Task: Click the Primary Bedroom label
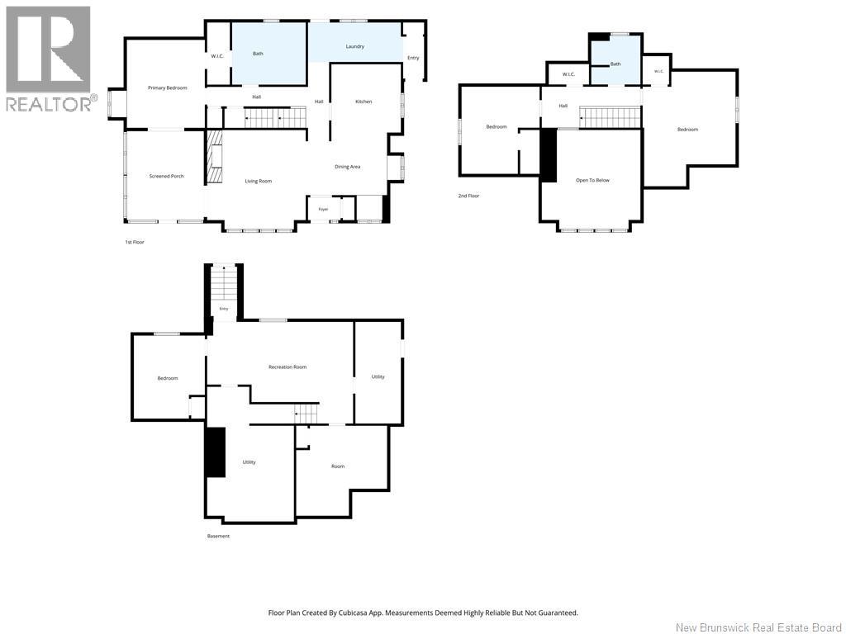(x=167, y=88)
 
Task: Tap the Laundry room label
(x=355, y=46)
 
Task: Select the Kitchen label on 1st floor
(x=364, y=102)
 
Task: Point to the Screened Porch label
(x=167, y=177)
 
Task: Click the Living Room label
(x=259, y=181)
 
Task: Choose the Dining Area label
(x=348, y=167)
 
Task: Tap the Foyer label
(x=323, y=209)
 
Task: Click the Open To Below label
(x=592, y=180)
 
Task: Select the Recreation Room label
(x=288, y=367)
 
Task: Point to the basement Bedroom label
(x=168, y=378)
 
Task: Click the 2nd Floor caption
(x=469, y=196)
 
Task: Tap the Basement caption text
(x=218, y=536)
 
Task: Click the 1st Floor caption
(x=135, y=242)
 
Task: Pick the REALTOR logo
(x=49, y=59)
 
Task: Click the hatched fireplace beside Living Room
(x=215, y=158)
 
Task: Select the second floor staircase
(x=610, y=117)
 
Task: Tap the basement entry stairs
(x=223, y=285)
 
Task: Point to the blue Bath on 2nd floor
(x=615, y=60)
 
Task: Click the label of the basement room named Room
(x=338, y=466)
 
